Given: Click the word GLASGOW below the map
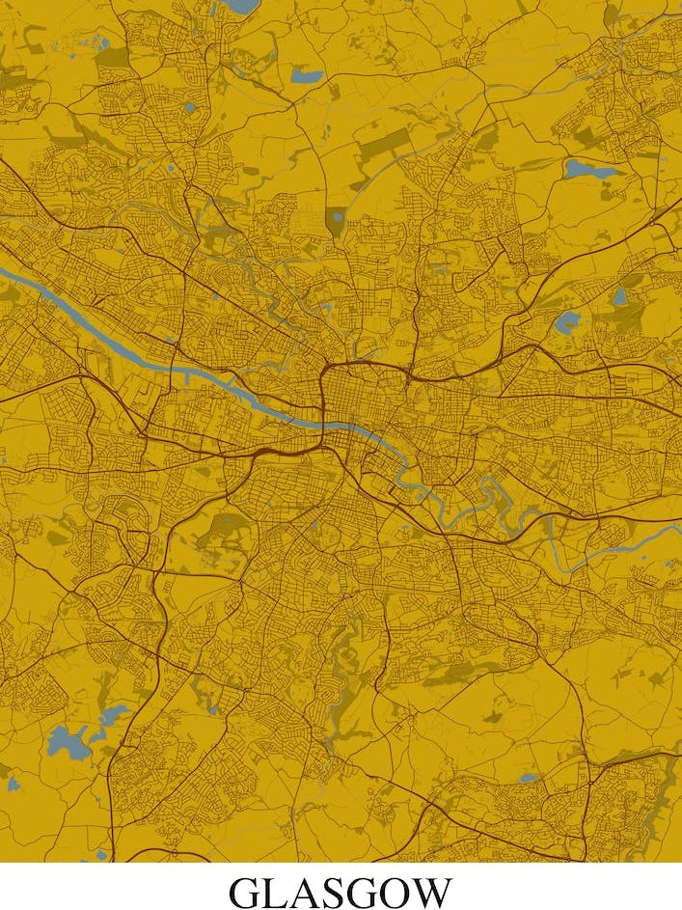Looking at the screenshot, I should pos(341,893).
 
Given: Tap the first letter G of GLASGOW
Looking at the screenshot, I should pos(244,893).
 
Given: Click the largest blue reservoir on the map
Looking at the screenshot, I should pos(68,740).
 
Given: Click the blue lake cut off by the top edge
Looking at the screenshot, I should pos(241,6).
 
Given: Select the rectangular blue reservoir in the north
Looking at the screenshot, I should pos(307,74).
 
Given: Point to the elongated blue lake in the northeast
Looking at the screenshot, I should pos(589,170).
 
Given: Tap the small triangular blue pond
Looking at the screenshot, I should pos(618,295).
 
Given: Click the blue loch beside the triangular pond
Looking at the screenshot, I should pos(567,322).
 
